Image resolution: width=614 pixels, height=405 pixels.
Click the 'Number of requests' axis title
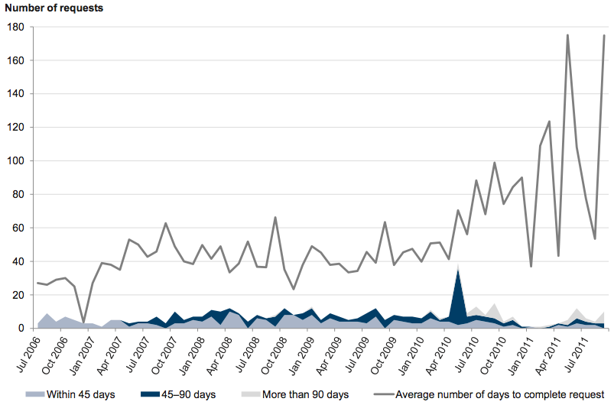click(x=54, y=8)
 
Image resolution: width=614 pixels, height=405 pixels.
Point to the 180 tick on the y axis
click(x=16, y=27)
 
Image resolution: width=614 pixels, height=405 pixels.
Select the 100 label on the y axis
click(x=16, y=161)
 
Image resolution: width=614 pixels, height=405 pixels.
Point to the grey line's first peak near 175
click(x=567, y=35)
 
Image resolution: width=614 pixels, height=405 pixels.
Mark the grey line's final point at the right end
click(x=604, y=35)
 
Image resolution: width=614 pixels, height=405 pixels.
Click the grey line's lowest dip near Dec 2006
click(x=83, y=323)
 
